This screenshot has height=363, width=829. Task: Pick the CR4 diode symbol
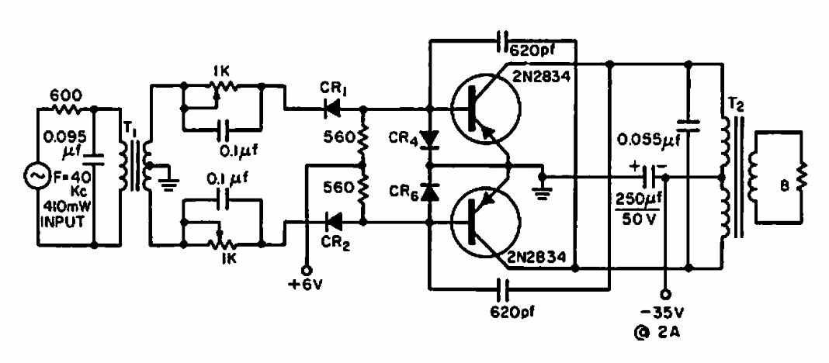point(429,140)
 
